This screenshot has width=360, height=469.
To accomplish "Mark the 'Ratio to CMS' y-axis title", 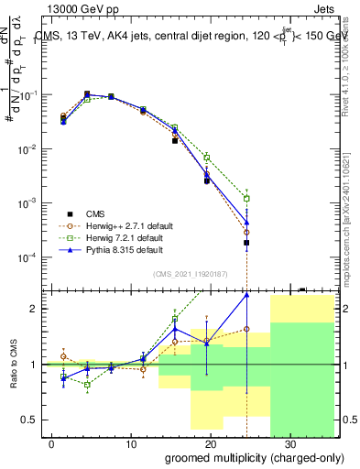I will (x=14, y=365).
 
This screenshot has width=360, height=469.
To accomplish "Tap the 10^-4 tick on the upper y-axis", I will (x=30, y=256).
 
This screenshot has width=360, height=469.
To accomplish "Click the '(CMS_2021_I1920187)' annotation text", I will (x=190, y=273).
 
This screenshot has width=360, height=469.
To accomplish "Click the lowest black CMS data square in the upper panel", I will (x=246, y=243).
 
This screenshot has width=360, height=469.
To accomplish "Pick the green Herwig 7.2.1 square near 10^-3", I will (x=246, y=198).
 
